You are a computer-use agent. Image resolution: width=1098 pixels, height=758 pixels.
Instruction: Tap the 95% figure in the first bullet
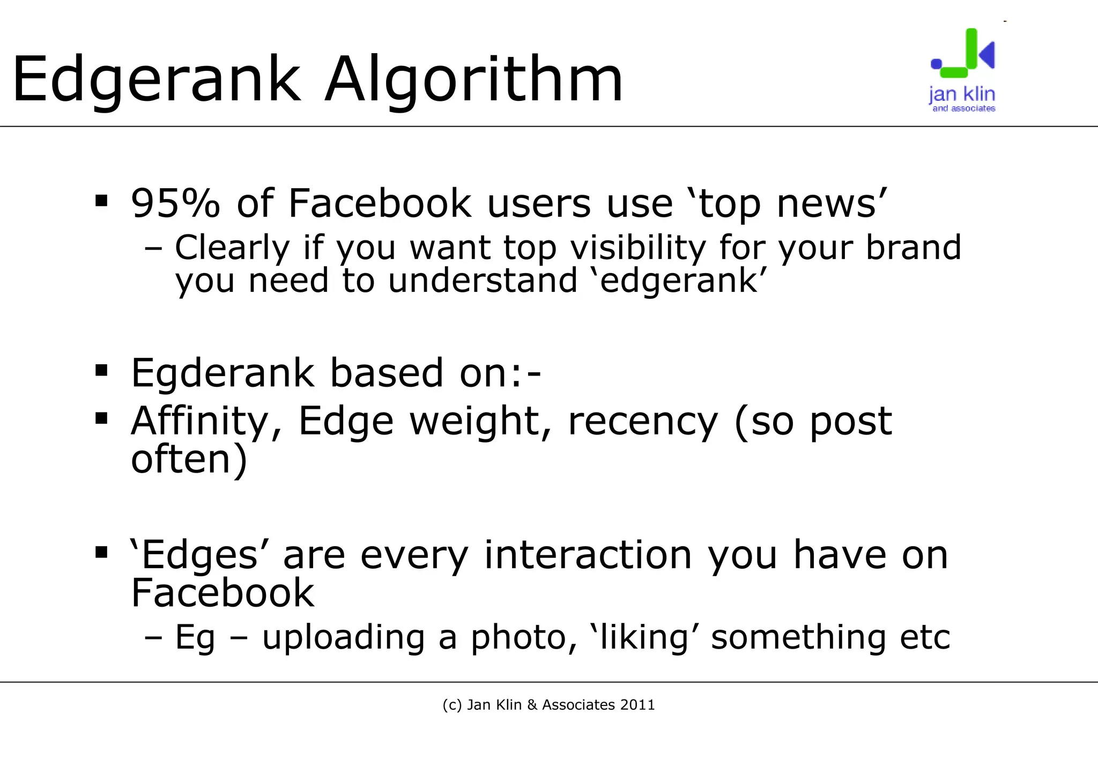175,203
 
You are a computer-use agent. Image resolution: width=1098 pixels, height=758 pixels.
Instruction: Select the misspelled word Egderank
222,373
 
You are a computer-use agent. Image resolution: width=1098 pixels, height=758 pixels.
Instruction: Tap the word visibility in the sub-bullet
637,248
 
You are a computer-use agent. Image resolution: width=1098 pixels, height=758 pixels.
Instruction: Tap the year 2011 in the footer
637,705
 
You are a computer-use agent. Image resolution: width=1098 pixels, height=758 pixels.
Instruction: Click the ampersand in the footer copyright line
532,705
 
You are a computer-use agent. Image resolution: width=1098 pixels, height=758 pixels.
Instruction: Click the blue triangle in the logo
988,54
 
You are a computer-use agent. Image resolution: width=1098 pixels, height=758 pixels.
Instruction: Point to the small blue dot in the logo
936,64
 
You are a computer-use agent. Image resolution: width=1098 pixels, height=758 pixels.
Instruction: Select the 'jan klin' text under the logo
962,94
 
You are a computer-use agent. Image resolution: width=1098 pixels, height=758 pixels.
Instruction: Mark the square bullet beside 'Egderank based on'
101,370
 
